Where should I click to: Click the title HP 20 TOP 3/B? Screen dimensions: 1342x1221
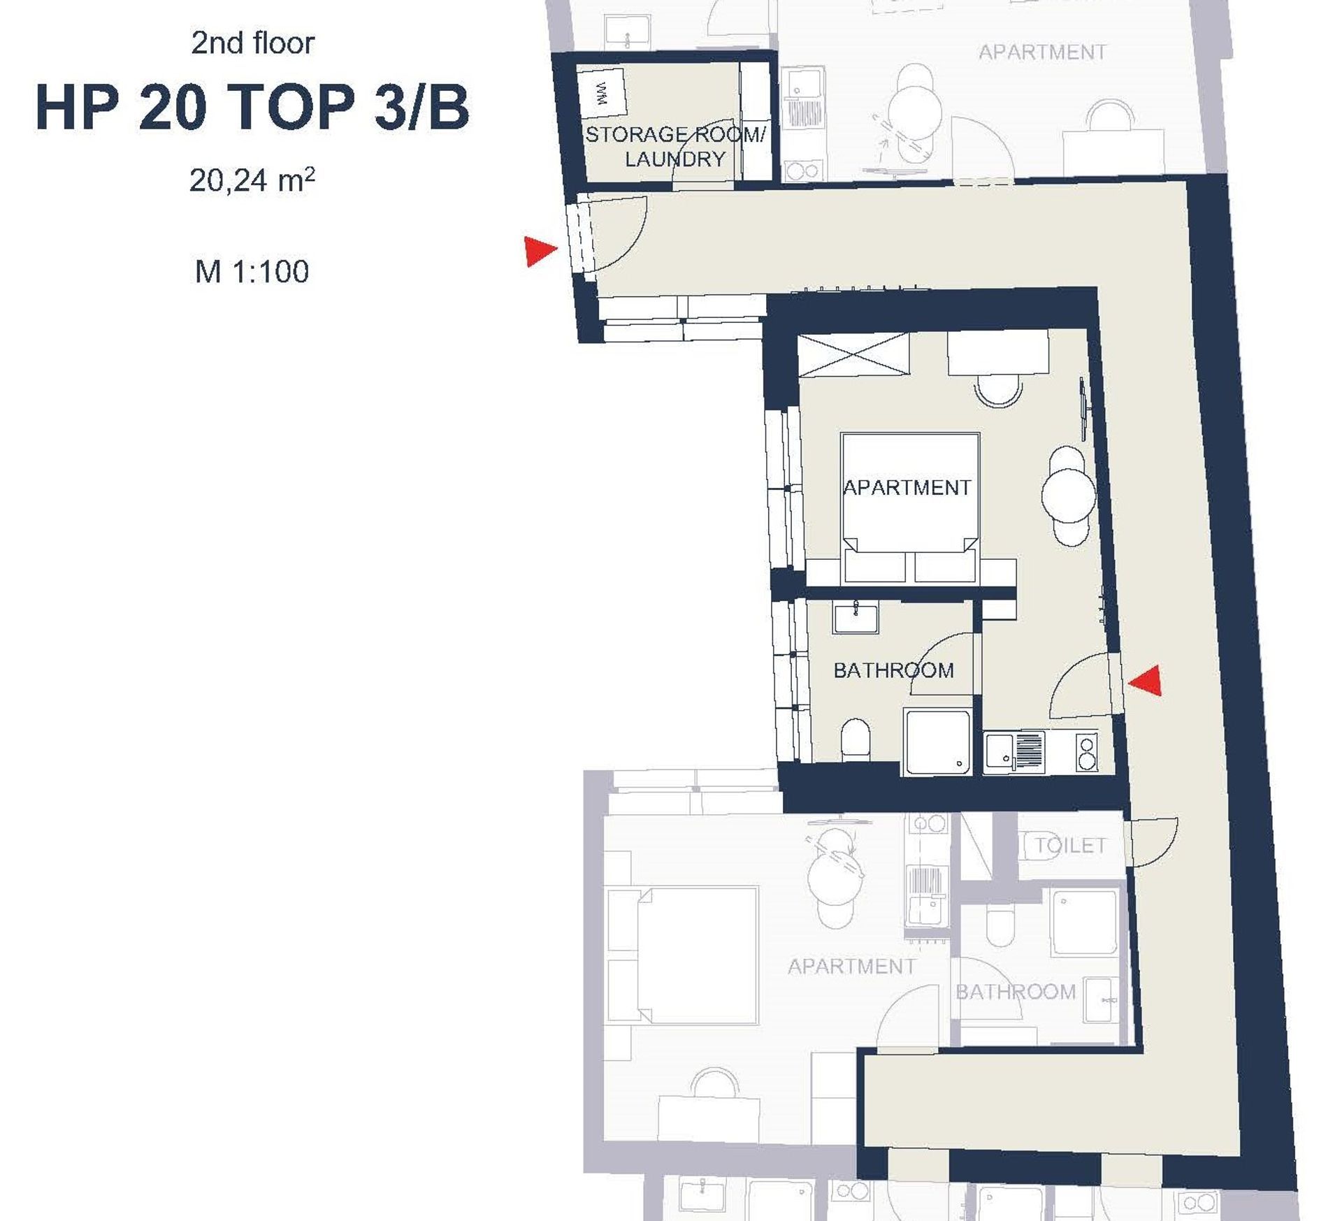coord(252,108)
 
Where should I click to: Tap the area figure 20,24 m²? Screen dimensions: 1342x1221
coord(252,180)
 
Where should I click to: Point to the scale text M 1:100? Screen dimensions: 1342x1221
coord(252,271)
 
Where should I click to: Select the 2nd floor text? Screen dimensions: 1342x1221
coord(252,43)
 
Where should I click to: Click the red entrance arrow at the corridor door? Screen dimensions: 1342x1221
coord(540,251)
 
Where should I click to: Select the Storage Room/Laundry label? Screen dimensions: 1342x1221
coord(675,147)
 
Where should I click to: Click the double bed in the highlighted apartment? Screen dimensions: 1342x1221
coord(910,508)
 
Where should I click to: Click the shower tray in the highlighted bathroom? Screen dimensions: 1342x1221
coord(937,742)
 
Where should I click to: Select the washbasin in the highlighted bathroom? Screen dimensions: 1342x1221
coord(856,619)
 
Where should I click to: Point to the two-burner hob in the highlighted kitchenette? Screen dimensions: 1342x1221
coord(1086,752)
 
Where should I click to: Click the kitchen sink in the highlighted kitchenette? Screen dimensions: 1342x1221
coord(1013,752)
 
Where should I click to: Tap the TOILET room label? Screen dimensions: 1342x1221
coord(1071,846)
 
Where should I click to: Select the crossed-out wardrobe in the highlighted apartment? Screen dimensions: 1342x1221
coord(853,356)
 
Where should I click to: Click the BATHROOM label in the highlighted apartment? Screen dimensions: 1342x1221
coord(893,671)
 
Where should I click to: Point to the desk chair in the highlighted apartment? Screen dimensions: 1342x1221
coord(998,389)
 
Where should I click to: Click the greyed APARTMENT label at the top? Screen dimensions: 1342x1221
coord(1042,52)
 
